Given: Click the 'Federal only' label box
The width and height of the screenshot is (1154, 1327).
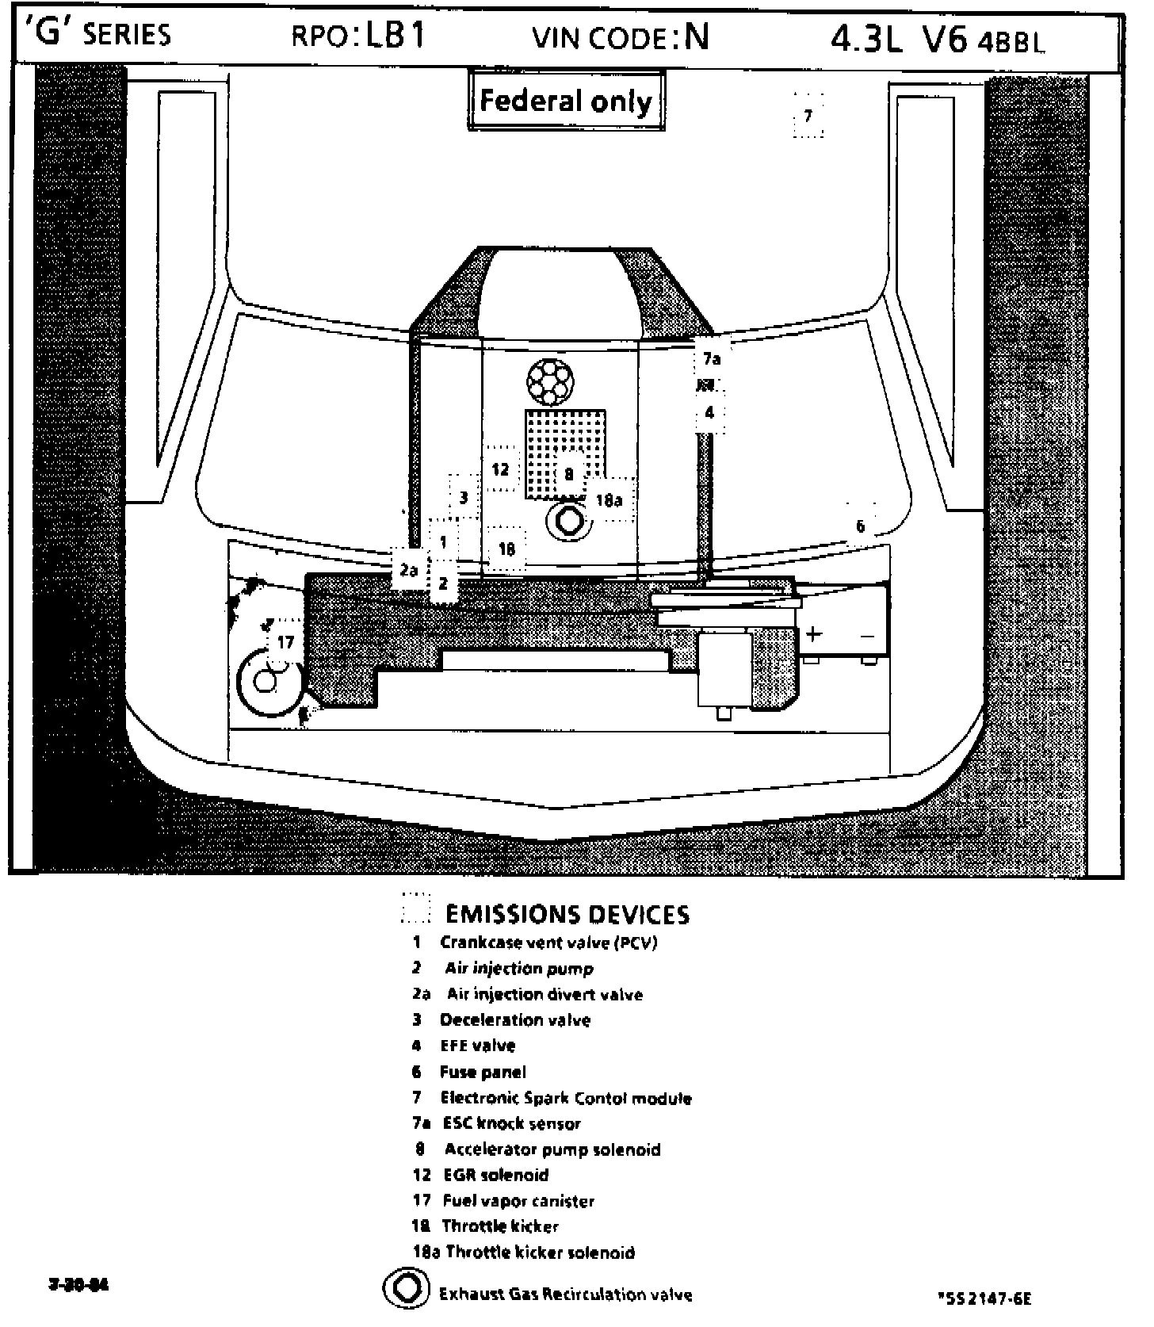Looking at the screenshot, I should pyautogui.click(x=565, y=101).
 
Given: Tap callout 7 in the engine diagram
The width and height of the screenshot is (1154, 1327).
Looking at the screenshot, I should pyautogui.click(x=808, y=117).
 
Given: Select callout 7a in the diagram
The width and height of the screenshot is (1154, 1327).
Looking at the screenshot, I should pyautogui.click(x=711, y=359).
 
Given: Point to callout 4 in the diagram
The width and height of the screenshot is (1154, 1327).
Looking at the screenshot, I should pyautogui.click(x=709, y=412).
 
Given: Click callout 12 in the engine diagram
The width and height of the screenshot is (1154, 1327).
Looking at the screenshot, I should pyautogui.click(x=500, y=469).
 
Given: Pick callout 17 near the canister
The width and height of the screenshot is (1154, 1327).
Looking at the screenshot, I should pyautogui.click(x=285, y=642).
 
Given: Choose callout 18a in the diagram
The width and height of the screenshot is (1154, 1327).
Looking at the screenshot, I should pyautogui.click(x=609, y=500).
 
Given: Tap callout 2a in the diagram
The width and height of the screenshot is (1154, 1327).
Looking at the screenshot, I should pyautogui.click(x=408, y=570).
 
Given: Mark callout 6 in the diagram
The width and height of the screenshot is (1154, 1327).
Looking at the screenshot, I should pyautogui.click(x=860, y=526).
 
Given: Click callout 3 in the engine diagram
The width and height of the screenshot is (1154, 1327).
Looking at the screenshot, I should pyautogui.click(x=464, y=498).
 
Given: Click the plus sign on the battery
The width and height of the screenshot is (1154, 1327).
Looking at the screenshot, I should pyautogui.click(x=814, y=634).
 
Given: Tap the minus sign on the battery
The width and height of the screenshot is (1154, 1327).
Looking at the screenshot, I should pyautogui.click(x=867, y=636).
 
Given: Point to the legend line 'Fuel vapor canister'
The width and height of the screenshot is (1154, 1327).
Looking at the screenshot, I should pyautogui.click(x=518, y=1201).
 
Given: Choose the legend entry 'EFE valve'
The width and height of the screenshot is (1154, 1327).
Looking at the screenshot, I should pyautogui.click(x=477, y=1046).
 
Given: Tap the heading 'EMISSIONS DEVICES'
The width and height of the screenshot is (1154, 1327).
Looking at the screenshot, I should pyautogui.click(x=567, y=915).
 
